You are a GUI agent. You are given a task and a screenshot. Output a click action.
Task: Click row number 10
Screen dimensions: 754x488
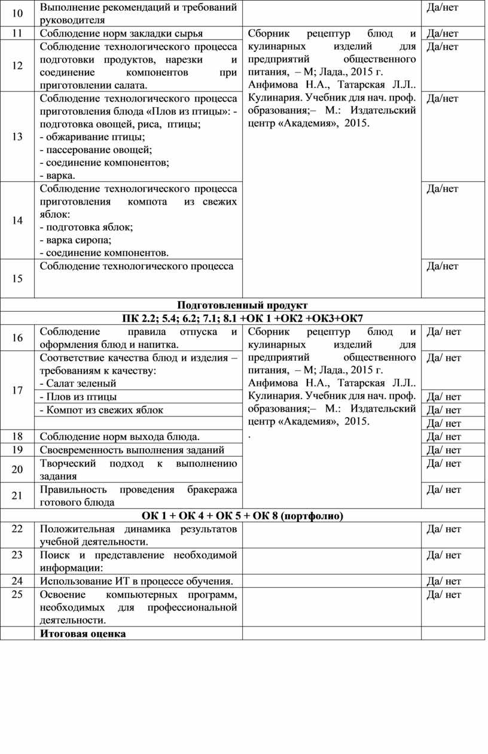pyautogui.click(x=17, y=13)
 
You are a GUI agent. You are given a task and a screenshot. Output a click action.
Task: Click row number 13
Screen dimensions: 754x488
pyautogui.click(x=17, y=136)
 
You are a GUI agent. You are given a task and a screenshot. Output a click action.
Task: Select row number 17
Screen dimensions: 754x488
pyautogui.click(x=17, y=390)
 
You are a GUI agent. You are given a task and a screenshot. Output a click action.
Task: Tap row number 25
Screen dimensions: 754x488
pyautogui.click(x=17, y=594)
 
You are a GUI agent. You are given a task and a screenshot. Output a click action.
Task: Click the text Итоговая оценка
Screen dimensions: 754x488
pyautogui.click(x=83, y=634)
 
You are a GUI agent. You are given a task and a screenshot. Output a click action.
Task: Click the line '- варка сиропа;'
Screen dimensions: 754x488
pyautogui.click(x=76, y=240)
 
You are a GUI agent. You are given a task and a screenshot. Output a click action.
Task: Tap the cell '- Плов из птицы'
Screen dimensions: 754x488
pyautogui.click(x=78, y=397)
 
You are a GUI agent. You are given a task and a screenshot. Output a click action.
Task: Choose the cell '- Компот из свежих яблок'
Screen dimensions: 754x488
pyautogui.click(x=101, y=410)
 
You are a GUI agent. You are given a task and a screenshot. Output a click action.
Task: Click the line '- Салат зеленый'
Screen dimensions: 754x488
pyautogui.click(x=78, y=383)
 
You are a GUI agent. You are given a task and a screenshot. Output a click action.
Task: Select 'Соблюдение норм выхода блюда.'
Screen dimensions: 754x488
pyautogui.click(x=120, y=436)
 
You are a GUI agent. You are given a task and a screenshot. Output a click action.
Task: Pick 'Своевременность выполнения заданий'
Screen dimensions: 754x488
pyautogui.click(x=132, y=450)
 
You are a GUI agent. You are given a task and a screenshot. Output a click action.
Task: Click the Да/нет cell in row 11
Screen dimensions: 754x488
pyautogui.click(x=443, y=34)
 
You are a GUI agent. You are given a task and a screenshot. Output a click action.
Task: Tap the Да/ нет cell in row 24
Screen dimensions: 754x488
pyautogui.click(x=444, y=581)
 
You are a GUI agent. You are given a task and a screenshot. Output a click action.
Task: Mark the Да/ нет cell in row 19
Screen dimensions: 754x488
pyautogui.click(x=444, y=450)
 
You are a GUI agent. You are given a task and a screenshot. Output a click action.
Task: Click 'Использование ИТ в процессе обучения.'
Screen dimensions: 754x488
pyautogui.click(x=136, y=581)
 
